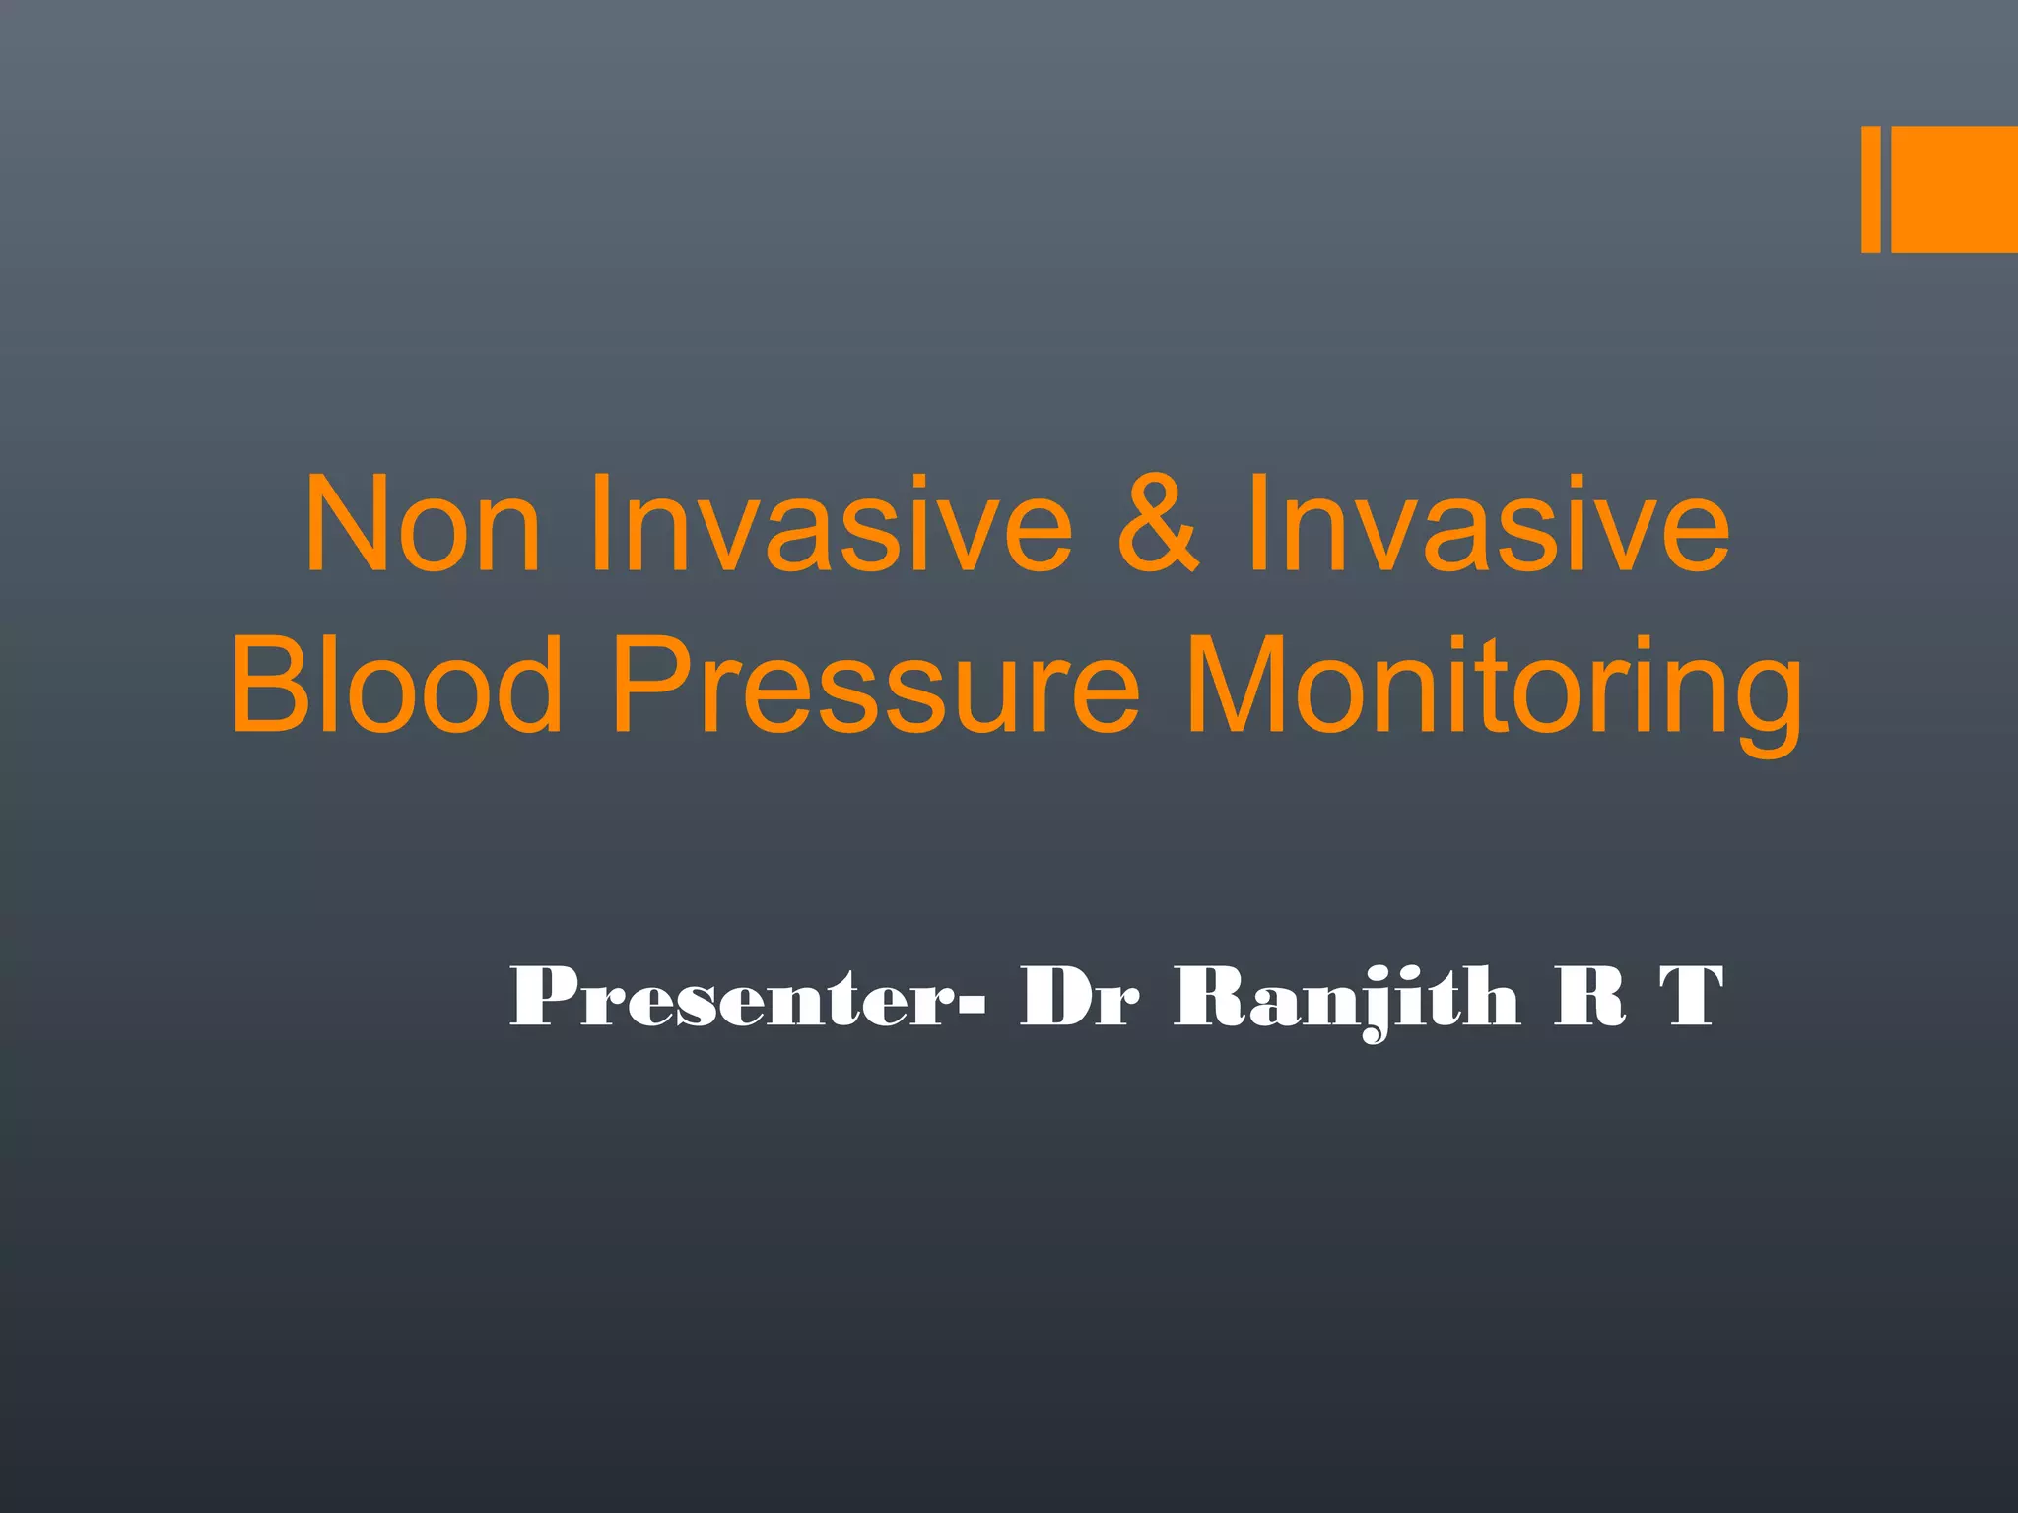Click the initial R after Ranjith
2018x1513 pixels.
coord(1588,997)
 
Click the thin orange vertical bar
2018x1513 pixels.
coord(1870,189)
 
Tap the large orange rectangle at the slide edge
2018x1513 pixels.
coord(1954,189)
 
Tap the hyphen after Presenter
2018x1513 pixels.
coord(971,1005)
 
